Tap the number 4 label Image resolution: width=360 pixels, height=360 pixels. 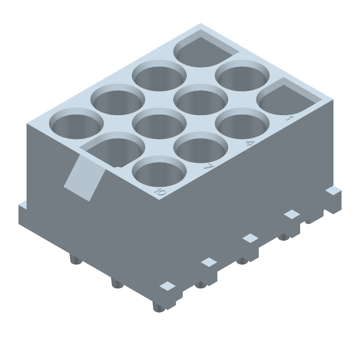coord(248,143)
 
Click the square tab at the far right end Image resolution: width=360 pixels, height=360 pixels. coord(333,191)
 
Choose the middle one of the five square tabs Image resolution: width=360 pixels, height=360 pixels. coord(249,238)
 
